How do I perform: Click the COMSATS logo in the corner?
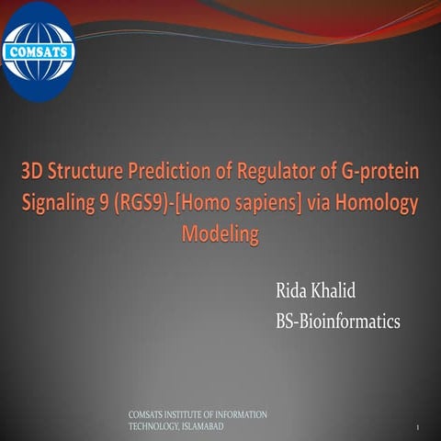[39, 51]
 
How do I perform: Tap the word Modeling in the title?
[220, 232]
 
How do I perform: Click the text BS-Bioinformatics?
[338, 322]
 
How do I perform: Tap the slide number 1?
[417, 429]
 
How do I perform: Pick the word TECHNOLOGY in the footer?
[150, 427]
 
